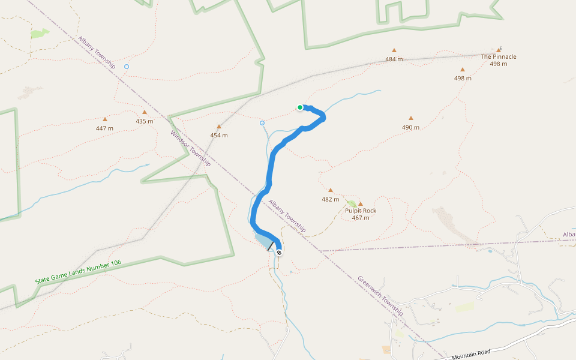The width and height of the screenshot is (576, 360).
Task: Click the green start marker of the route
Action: click(300, 107)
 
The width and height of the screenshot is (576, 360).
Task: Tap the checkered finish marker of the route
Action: click(279, 253)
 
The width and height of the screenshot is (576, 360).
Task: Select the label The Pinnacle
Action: click(498, 57)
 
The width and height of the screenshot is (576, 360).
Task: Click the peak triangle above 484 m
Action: click(394, 50)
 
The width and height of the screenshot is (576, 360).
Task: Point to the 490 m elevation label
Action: click(410, 127)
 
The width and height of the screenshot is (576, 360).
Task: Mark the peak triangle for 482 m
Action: click(330, 190)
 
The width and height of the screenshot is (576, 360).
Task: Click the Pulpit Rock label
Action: click(361, 211)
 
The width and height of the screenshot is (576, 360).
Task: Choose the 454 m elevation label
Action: click(219, 135)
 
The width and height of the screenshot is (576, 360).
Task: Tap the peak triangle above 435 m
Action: click(145, 112)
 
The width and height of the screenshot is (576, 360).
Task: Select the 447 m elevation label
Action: click(104, 128)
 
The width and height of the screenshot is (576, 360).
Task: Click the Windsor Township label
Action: click(191, 149)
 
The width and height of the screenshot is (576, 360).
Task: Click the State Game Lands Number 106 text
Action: click(78, 272)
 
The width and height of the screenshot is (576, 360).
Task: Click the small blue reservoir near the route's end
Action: click(264, 241)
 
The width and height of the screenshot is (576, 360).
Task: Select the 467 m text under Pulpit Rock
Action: click(361, 218)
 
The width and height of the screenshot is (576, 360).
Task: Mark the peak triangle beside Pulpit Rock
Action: click(361, 204)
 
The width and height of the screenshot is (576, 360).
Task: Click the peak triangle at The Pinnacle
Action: click(499, 50)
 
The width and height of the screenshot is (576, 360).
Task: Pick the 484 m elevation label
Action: click(394, 59)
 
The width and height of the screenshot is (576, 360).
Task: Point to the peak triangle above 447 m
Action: click(105, 119)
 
